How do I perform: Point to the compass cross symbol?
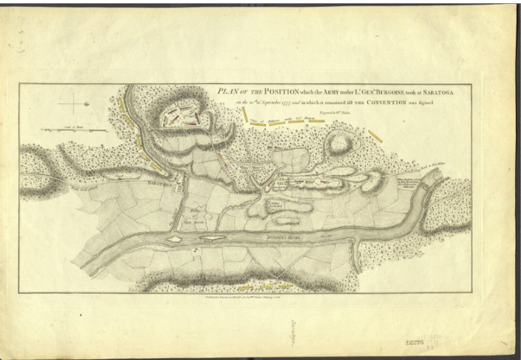click(x=73, y=103)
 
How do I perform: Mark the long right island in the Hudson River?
click(x=212, y=237)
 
